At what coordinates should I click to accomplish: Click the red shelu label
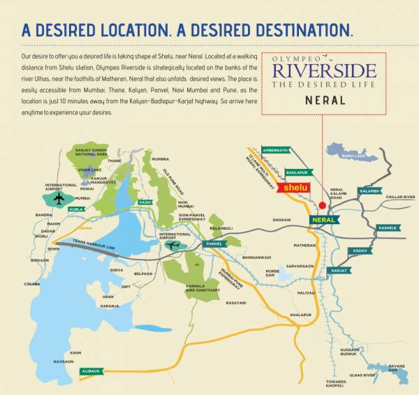coord(293,188)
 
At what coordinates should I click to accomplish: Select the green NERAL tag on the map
coord(324,219)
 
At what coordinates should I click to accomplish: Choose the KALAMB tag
coord(369,191)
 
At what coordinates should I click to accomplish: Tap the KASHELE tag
coord(388,228)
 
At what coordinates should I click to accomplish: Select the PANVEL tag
coord(213,244)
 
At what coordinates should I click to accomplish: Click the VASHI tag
coord(145,202)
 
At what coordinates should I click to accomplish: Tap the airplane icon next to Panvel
coord(175,245)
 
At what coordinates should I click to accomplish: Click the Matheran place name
coord(304,246)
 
